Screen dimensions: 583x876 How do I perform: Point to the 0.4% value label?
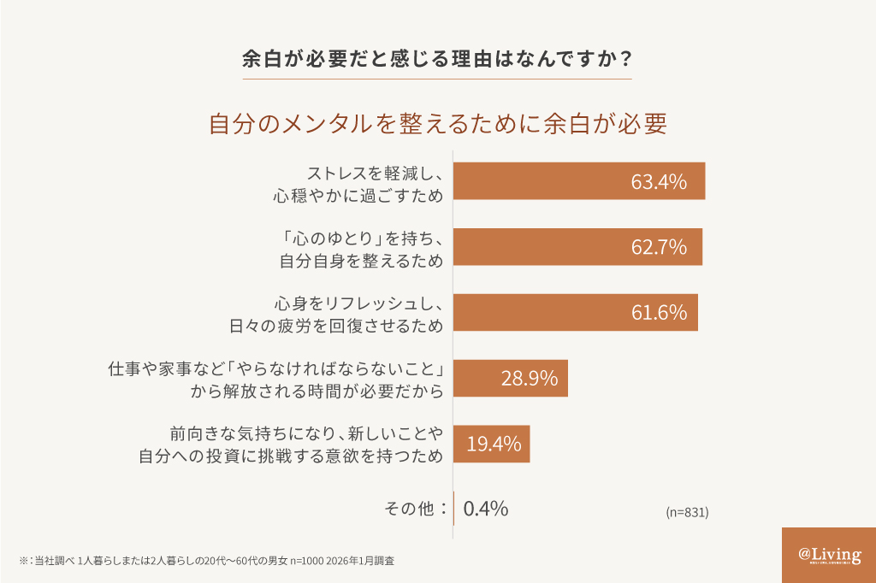[486, 509]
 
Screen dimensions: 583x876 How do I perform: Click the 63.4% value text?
[659, 181]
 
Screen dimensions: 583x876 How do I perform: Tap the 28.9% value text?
[529, 378]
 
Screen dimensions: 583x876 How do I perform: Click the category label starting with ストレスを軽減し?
[358, 181]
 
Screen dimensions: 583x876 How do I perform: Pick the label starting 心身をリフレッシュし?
[335, 313]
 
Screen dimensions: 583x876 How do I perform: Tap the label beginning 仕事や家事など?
[275, 378]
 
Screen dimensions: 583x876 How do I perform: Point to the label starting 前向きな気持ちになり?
[291, 444]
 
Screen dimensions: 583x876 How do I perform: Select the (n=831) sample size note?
[687, 513]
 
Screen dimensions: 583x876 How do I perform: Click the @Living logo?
[829, 555]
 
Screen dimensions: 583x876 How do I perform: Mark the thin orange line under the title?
[437, 79]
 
